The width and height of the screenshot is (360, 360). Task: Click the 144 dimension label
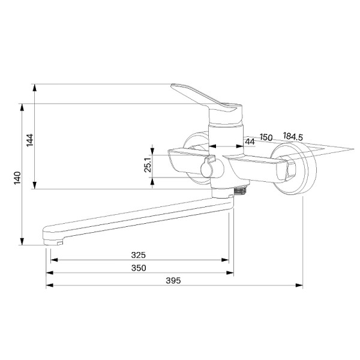click(x=29, y=140)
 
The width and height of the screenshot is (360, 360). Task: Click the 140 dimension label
click(x=17, y=178)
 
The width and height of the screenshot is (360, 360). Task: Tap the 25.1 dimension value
click(x=148, y=165)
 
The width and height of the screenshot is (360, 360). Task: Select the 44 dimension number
click(x=250, y=142)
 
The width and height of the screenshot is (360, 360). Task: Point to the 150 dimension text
click(x=266, y=137)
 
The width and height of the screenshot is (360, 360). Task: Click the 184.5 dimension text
click(x=293, y=136)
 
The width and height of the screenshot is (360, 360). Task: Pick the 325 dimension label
click(x=139, y=255)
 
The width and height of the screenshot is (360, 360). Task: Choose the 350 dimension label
click(x=139, y=268)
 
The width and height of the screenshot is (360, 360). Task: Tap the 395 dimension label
click(x=173, y=280)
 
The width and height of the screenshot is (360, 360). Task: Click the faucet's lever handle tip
click(x=173, y=86)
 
